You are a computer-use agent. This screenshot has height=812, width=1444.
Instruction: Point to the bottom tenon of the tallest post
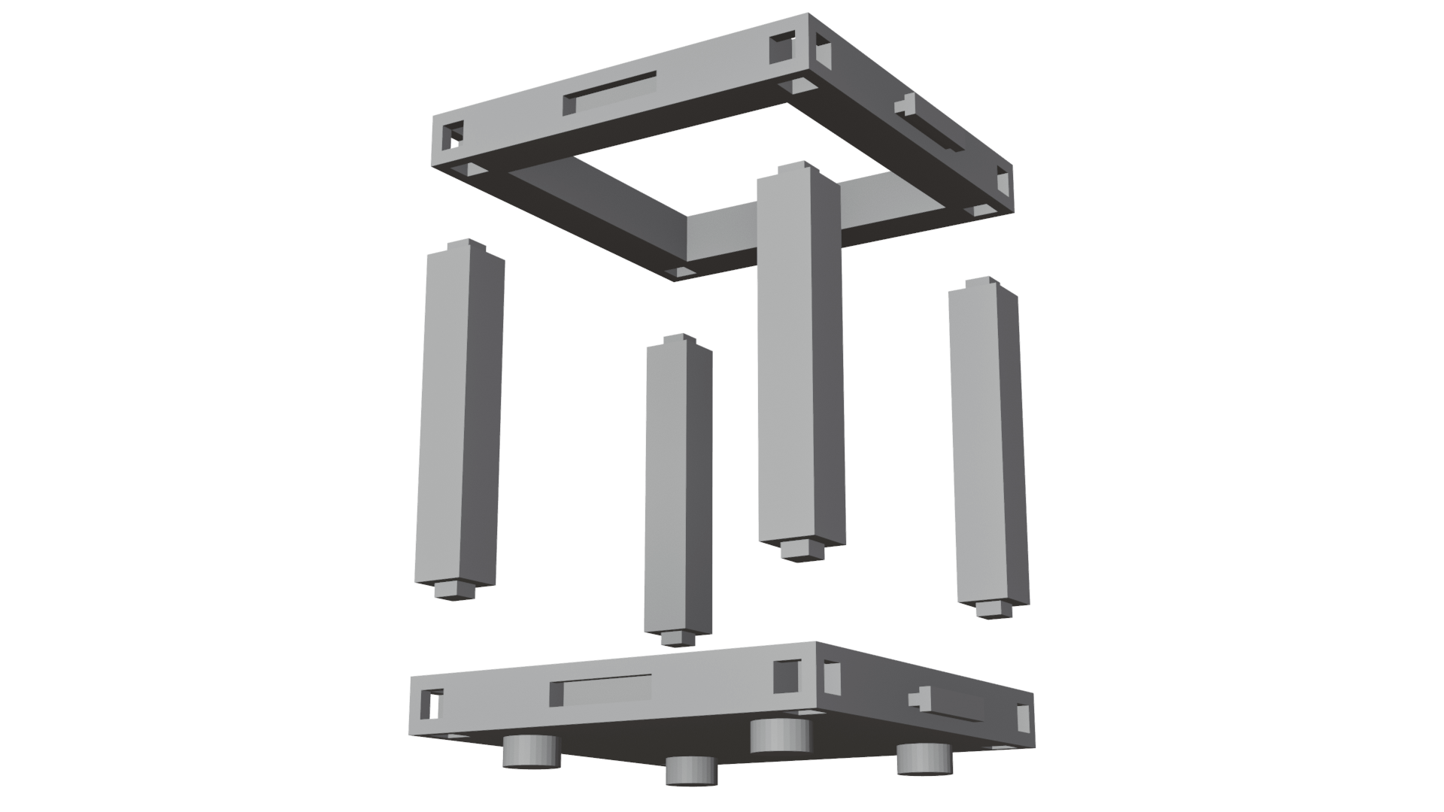point(802,550)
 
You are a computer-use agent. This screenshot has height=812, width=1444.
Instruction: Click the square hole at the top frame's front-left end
point(452,136)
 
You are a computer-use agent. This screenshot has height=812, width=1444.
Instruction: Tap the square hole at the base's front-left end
point(432,703)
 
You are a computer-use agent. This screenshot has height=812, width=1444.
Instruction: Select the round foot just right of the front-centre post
point(780,735)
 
